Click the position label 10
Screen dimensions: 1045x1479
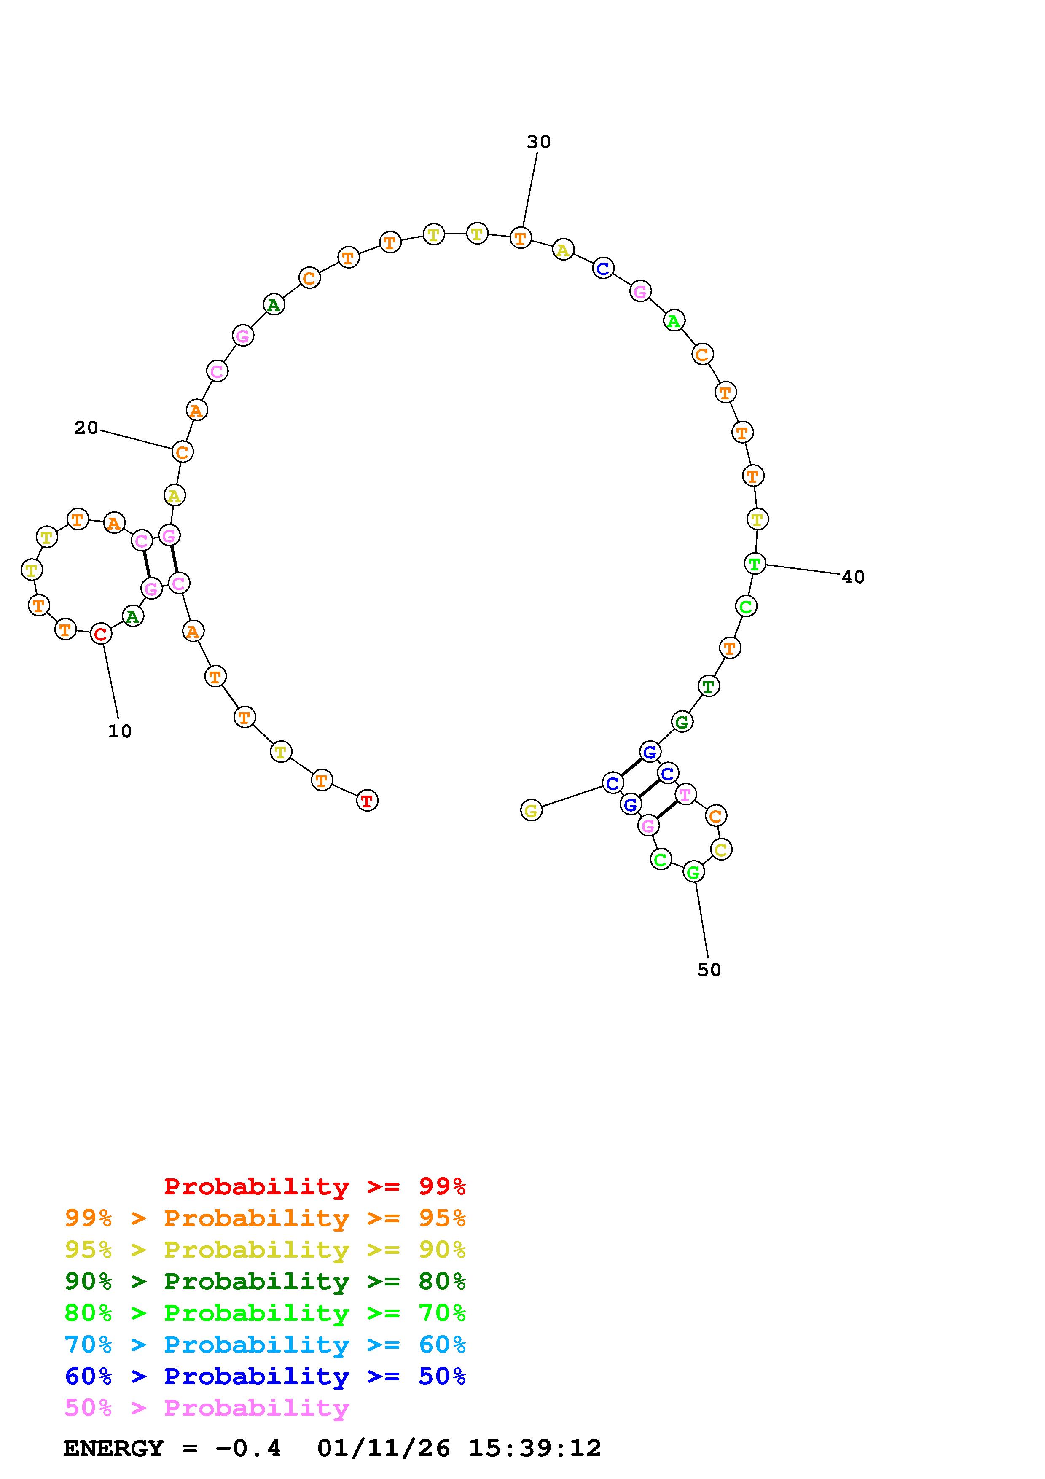pos(120,731)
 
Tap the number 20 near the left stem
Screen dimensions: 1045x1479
pos(86,428)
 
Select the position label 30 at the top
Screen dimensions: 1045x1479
pos(539,142)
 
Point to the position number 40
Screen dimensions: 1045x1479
pos(853,577)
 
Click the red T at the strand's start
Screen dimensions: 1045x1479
pos(367,801)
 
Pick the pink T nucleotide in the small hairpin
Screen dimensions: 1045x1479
pos(685,795)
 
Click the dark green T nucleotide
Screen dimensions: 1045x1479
pos(708,687)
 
